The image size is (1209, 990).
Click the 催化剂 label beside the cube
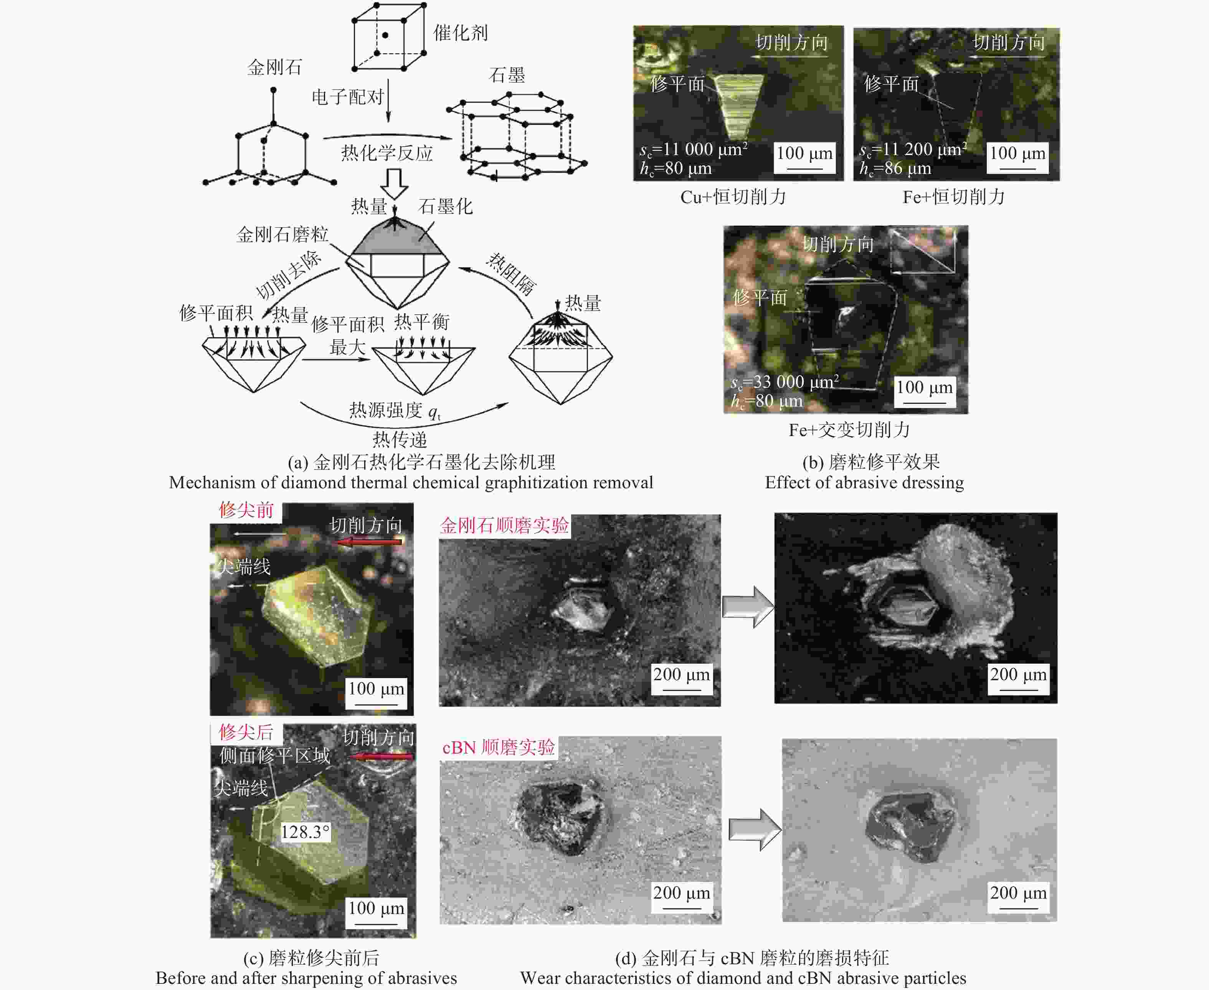coord(460,33)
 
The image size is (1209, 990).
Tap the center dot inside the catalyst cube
coord(385,35)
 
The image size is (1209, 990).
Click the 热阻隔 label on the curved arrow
coord(511,274)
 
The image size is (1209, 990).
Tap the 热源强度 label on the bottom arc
coord(385,410)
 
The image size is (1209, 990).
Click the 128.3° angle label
coord(305,831)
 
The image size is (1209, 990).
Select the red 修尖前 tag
coord(246,510)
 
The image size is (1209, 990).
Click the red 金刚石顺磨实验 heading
coord(504,525)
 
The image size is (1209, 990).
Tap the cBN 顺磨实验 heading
coord(499,747)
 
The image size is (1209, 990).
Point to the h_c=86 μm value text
coord(895,168)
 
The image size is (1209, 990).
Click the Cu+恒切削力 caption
coord(733,197)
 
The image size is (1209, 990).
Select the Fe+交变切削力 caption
coord(849,430)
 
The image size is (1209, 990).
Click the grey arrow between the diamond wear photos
coord(748,607)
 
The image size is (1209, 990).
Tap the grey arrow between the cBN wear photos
coord(755,830)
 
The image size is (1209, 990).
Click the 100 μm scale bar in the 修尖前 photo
coord(377,705)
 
